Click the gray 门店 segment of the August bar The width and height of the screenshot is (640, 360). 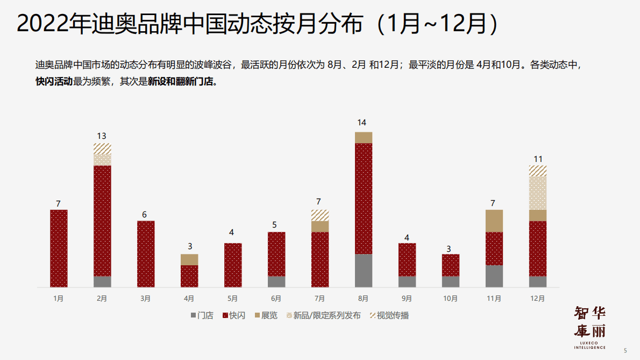click(x=364, y=270)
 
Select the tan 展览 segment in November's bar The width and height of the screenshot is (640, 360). click(x=494, y=221)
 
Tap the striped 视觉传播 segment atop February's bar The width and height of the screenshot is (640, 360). click(x=102, y=149)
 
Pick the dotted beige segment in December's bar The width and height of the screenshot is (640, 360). click(x=538, y=193)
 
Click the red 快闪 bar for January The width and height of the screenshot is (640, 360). click(x=59, y=248)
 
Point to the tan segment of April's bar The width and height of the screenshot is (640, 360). click(x=189, y=259)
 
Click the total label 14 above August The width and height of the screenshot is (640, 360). click(x=361, y=123)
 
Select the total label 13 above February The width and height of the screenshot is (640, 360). click(x=101, y=136)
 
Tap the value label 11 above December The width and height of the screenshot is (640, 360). click(x=538, y=159)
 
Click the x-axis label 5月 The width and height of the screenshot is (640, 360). click(x=232, y=298)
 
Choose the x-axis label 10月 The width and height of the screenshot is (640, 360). click(x=451, y=298)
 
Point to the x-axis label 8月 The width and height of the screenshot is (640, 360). click(x=363, y=298)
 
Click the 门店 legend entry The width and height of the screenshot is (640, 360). click(x=202, y=315)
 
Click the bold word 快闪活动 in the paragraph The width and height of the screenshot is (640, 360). click(x=54, y=83)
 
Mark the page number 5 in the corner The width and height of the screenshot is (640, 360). click(x=625, y=350)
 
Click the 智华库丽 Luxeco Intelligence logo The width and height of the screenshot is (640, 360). click(x=590, y=327)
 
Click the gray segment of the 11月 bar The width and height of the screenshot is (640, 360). click(x=494, y=276)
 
